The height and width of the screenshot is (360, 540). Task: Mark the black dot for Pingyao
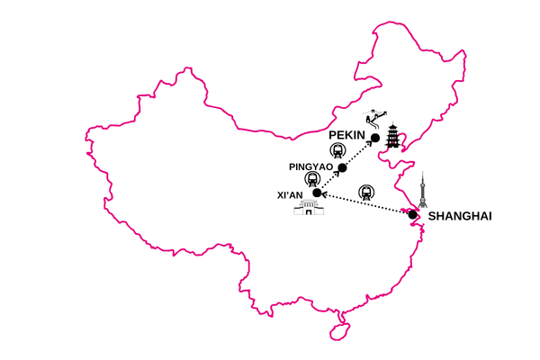pyautogui.click(x=342, y=166)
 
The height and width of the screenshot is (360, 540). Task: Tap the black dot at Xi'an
pyautogui.click(x=316, y=193)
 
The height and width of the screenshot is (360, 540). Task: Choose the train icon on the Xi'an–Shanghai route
pyautogui.click(x=364, y=192)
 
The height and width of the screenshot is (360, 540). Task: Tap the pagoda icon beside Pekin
pyautogui.click(x=393, y=138)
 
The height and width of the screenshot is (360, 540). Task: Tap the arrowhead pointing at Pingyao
pyautogui.click(x=335, y=175)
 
